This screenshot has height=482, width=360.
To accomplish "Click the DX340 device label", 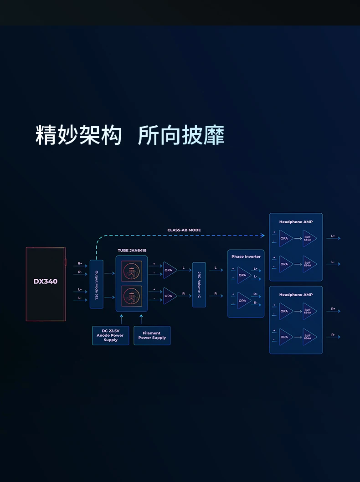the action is [46, 281].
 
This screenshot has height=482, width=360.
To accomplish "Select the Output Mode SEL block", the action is [97, 284].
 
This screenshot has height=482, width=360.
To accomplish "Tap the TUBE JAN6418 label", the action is [132, 250].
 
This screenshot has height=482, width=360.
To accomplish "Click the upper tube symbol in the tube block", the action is [132, 271].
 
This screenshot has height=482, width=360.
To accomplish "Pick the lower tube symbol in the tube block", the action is [132, 296].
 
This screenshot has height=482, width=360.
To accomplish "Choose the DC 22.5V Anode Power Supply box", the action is [111, 335].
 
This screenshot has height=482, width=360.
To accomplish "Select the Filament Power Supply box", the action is [152, 335].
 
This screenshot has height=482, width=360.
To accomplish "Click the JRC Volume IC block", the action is [199, 285].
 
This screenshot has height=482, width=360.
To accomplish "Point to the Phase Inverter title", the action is [246, 256].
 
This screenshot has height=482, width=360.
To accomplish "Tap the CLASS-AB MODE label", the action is [184, 230].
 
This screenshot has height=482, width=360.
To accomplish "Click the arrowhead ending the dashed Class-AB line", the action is [263, 236].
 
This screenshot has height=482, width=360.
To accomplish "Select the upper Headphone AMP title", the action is [296, 221].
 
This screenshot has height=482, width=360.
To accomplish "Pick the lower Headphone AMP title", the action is [296, 294].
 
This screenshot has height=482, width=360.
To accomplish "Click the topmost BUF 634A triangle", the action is [309, 238].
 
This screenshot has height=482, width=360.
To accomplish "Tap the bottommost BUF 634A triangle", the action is [309, 337].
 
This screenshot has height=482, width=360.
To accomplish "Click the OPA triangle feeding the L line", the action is [170, 270].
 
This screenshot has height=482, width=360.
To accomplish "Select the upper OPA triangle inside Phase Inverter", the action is [243, 275].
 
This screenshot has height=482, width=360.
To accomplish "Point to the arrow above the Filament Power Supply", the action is [141, 319].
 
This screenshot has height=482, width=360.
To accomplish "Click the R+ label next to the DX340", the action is [80, 263].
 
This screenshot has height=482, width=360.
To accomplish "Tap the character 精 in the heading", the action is [46, 135].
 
